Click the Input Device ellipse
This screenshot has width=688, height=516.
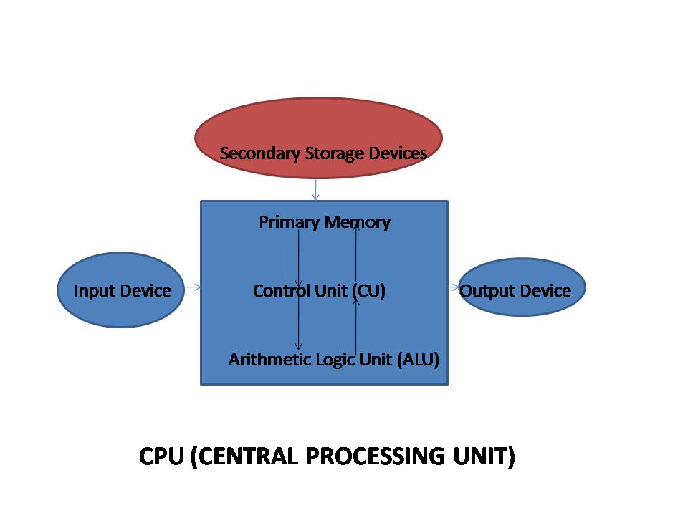tap(122, 291)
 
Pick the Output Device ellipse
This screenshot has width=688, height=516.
tap(522, 290)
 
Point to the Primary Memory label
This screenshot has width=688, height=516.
tap(324, 222)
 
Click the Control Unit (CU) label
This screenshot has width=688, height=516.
tap(319, 291)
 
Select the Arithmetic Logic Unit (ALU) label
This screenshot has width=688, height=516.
tap(333, 359)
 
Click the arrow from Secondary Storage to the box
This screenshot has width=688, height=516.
tap(315, 190)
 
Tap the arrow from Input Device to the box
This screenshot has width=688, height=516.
tap(192, 288)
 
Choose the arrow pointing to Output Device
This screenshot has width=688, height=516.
tap(454, 287)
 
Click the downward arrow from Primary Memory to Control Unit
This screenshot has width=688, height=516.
tap(299, 258)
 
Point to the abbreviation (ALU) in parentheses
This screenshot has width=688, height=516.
tap(417, 359)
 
